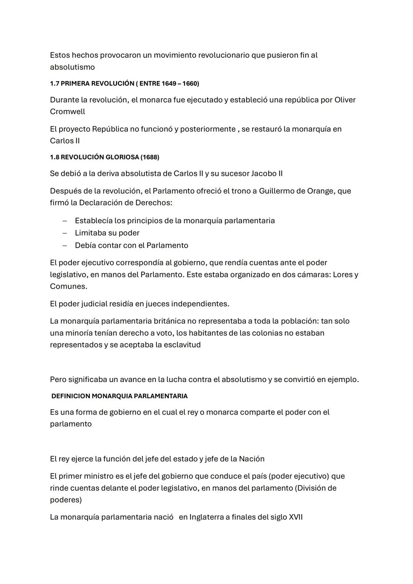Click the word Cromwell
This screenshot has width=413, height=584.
tap(67, 112)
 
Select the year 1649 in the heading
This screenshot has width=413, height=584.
tap(169, 83)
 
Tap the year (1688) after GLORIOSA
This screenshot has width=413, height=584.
tap(150, 157)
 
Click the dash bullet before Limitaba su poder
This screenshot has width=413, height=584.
tap(65, 233)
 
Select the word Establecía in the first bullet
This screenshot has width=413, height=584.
tap(93, 221)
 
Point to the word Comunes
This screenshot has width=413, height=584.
tap(68, 286)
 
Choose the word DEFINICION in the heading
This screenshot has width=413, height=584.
tap(70, 396)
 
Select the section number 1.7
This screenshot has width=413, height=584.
tap(54, 83)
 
